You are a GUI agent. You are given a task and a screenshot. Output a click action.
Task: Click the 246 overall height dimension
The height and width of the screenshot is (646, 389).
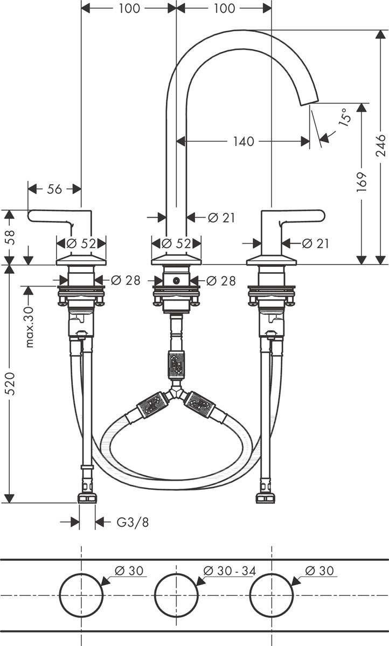[381, 145]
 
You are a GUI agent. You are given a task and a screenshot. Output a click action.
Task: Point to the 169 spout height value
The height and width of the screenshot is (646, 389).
[362, 182]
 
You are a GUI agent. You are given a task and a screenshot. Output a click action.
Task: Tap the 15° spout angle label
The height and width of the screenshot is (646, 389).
[344, 116]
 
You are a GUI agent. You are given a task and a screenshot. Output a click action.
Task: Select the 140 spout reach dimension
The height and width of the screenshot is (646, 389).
[244, 142]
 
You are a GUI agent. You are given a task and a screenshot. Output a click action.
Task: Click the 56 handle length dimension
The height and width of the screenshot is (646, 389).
[54, 189]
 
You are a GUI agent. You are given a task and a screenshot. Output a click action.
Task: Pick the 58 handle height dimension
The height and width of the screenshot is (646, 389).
[10, 237]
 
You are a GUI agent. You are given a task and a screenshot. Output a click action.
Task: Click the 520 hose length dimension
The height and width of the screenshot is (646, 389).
[10, 384]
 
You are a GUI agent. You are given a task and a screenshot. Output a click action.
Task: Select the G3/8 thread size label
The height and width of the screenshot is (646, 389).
[133, 523]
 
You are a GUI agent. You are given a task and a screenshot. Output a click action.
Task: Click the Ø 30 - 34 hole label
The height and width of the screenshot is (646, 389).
[230, 571]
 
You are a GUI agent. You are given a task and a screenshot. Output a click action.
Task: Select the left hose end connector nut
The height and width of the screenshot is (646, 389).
[87, 498]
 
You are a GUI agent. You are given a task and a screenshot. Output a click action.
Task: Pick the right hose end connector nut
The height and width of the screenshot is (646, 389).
[266, 498]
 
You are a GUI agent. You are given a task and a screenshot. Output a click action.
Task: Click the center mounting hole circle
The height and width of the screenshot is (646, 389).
[176, 595]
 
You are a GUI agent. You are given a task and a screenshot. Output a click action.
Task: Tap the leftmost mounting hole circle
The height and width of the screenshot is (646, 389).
[81, 595]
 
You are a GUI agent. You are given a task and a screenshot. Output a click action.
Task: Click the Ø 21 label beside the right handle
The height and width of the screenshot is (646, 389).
[315, 244]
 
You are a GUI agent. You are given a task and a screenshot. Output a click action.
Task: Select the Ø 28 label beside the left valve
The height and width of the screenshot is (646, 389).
[126, 281]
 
